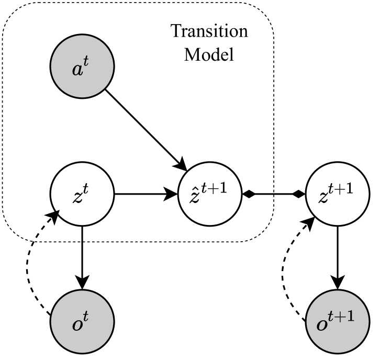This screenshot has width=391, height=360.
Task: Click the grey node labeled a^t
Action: pos(82,66)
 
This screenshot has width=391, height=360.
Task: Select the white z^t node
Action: pos(82,194)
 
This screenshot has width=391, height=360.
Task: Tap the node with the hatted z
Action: pos(210,194)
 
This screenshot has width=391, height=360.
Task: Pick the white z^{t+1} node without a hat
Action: pos(338,194)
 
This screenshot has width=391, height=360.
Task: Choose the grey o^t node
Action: pos(82,321)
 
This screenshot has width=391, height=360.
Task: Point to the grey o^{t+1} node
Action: pos(338,321)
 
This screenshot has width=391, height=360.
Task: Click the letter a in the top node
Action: pos(77,70)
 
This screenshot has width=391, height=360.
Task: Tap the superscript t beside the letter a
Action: pos(86,61)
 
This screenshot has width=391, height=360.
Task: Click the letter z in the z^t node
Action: pos(77,198)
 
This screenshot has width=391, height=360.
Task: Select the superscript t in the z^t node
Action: pos(86,189)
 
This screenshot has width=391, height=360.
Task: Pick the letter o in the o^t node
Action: pos(77,325)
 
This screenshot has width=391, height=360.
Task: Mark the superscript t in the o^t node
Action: pos(86,317)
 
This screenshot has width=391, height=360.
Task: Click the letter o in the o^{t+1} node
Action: pos(322,325)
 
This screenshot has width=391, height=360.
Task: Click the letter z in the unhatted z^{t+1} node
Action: pos(323,198)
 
